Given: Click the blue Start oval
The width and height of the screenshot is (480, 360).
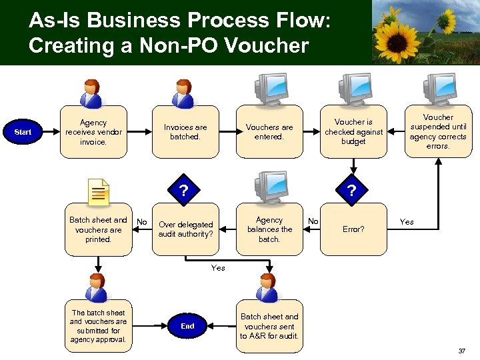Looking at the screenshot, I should (x=23, y=132).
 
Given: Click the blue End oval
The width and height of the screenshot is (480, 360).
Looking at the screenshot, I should (x=187, y=326).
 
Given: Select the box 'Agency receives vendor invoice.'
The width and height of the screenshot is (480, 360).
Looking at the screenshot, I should (x=93, y=132).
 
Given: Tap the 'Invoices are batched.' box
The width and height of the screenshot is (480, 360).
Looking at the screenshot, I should (x=185, y=132).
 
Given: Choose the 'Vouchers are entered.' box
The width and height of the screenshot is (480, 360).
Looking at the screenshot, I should (x=269, y=132).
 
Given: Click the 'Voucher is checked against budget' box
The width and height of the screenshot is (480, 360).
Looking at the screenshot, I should (x=353, y=132).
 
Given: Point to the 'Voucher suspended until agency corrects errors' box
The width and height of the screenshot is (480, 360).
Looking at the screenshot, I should (x=438, y=131).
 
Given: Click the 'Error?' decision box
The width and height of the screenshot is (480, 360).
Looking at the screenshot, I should (x=353, y=229).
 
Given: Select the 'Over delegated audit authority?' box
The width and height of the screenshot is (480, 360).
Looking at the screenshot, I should (x=185, y=229).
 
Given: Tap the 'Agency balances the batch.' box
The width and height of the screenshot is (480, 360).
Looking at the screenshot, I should (x=269, y=229).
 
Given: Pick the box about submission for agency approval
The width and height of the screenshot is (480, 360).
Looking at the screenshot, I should (x=98, y=326).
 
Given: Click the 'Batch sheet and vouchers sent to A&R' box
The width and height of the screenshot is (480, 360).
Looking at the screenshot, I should (x=269, y=326).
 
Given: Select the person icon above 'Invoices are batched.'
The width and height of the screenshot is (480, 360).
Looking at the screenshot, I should (x=183, y=93).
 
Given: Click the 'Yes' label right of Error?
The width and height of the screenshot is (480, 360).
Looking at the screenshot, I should (x=406, y=222).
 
